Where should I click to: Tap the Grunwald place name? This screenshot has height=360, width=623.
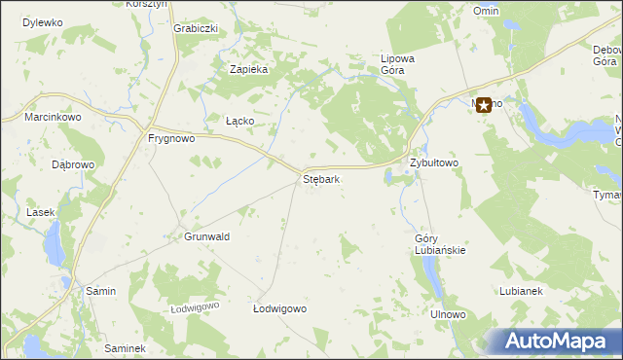tap(206, 236)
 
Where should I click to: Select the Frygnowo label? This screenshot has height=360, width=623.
tap(171, 138)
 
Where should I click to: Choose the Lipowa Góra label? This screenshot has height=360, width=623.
tap(398, 64)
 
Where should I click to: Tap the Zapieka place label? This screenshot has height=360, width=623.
tap(248, 69)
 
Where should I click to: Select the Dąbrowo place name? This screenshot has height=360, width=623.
tap(73, 164)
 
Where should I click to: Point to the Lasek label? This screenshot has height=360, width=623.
tap(41, 212)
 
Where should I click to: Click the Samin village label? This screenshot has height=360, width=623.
tap(101, 291)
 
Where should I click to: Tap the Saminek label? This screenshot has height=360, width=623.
tap(125, 348)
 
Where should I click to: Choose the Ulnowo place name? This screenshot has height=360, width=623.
tap(449, 315)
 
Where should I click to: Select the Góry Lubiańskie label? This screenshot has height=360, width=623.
tap(440, 244)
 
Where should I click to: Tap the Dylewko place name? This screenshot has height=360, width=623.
tap(42, 21)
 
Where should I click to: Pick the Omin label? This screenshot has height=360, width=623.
tap(486, 10)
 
